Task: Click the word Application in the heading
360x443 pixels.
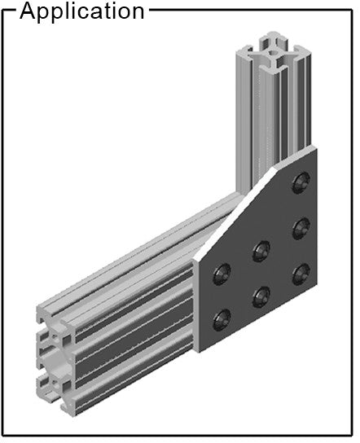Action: coord(82,12)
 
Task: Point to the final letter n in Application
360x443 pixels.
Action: coord(138,13)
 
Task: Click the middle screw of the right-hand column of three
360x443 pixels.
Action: coord(301,227)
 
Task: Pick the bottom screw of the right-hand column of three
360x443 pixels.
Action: coord(301,274)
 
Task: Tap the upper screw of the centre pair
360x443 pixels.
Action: coord(261,250)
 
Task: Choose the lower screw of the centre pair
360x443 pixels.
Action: coord(261,297)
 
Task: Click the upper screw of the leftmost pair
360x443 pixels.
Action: coord(222,274)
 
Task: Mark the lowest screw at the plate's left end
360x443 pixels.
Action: coord(222,320)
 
